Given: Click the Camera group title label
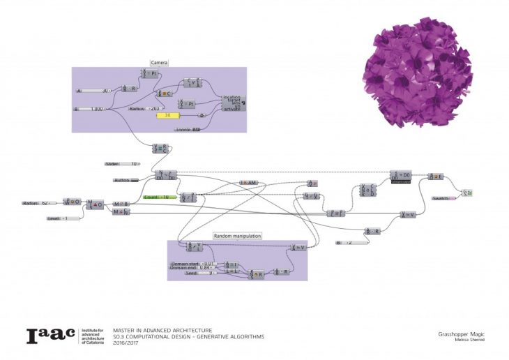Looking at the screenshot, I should tap(159, 63).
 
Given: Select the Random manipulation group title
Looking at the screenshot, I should tap(237, 237).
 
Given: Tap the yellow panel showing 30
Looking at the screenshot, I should tap(168, 116).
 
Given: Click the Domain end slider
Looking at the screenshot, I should tap(194, 268).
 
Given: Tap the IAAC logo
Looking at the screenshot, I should tap(50, 336).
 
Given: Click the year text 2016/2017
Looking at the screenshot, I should tap(127, 343).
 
